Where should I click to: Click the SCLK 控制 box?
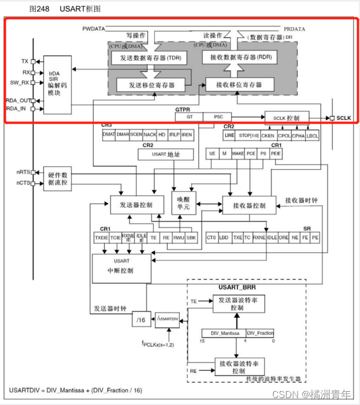(x=287, y=117)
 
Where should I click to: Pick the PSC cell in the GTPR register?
(x=218, y=117)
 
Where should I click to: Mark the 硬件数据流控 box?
(x=58, y=179)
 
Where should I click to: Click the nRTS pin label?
(x=23, y=172)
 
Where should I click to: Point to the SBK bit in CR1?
(x=191, y=237)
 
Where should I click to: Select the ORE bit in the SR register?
(x=283, y=237)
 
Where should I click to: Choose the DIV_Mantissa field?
(x=223, y=333)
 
